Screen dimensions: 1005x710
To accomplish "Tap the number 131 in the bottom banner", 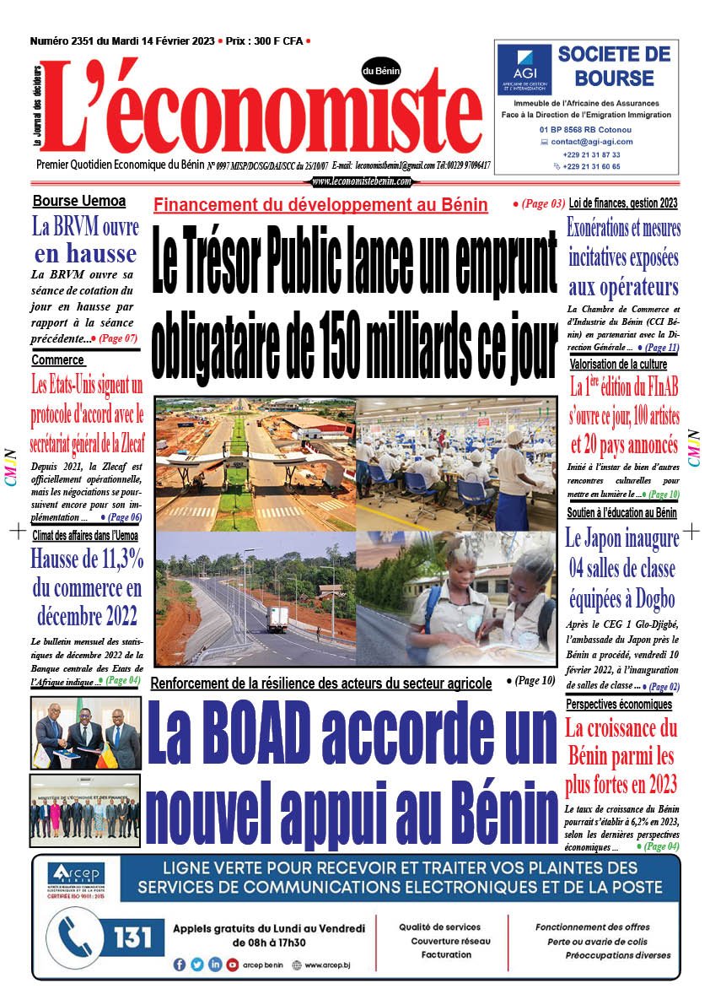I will click(x=132, y=937).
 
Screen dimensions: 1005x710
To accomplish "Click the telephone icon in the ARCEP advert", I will click(x=80, y=937).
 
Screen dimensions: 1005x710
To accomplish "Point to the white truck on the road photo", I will click(x=277, y=619).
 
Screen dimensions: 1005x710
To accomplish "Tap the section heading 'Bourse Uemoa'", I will click(x=79, y=202).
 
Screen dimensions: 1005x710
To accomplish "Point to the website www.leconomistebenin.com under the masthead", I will click(x=362, y=181).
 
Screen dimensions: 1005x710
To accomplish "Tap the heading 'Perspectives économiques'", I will click(x=619, y=704).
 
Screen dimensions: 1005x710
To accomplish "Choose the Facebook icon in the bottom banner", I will click(x=180, y=964).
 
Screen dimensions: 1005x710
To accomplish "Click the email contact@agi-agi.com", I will click(x=592, y=142).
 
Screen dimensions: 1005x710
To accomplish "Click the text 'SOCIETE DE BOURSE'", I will click(x=614, y=67).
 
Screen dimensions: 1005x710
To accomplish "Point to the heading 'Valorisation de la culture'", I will click(x=618, y=364).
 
